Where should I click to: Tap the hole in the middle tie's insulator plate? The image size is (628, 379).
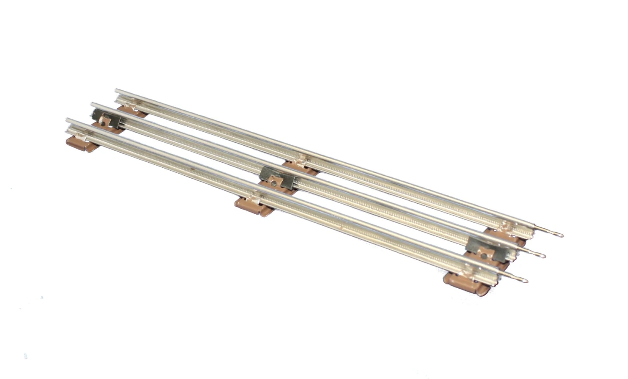point(274,182)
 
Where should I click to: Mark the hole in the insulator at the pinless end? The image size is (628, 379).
point(103,123)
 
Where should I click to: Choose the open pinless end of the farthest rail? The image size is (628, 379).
point(118,91)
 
